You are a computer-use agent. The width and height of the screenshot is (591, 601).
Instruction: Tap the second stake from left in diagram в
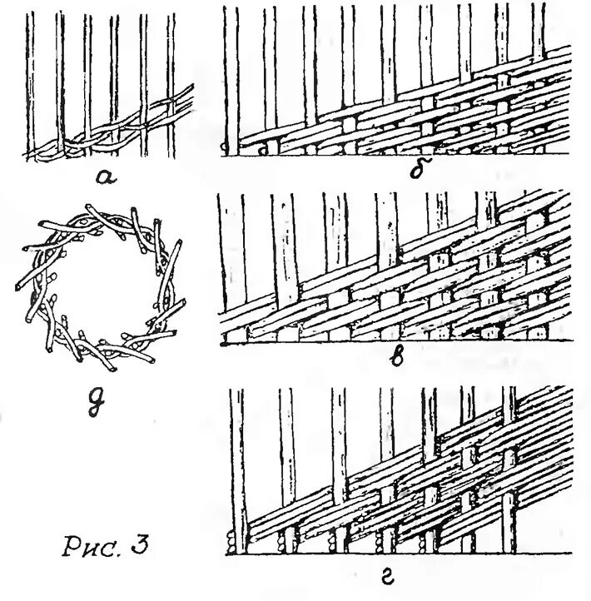tap(281, 241)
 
